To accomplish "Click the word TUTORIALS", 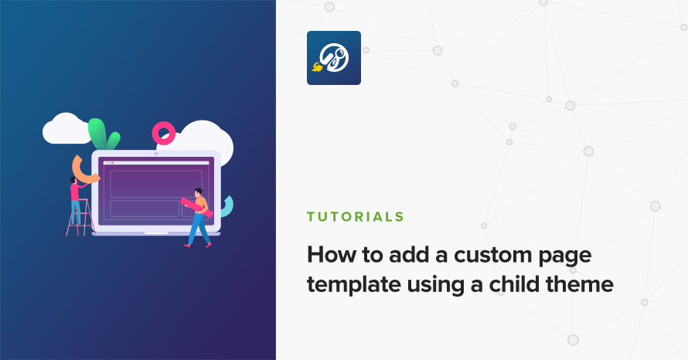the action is (x=356, y=216).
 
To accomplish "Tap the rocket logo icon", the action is (x=334, y=58).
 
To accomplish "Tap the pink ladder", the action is (x=82, y=218).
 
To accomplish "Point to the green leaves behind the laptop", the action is (x=103, y=134).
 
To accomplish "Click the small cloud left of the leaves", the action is (x=66, y=128).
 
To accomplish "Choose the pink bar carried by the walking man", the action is (x=196, y=207).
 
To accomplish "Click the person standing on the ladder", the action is (x=77, y=199).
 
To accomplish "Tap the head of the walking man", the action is (x=199, y=192).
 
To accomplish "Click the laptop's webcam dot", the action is (x=156, y=154).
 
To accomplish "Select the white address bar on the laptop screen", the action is (x=156, y=163).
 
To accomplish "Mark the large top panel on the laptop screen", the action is (x=156, y=184).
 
